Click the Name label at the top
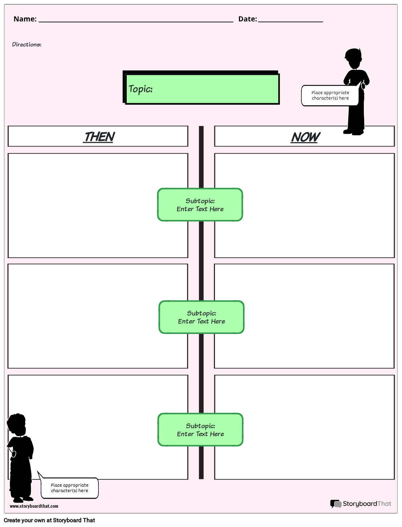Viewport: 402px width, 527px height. click(25, 19)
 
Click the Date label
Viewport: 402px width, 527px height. click(247, 19)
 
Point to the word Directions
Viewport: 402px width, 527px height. click(27, 44)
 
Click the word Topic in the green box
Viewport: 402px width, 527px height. click(140, 89)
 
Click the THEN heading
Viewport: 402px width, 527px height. click(99, 137)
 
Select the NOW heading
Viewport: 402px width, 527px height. click(305, 137)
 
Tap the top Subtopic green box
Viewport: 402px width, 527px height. click(200, 205)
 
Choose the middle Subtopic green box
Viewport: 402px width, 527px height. click(202, 317)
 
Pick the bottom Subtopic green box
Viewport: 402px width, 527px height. click(200, 430)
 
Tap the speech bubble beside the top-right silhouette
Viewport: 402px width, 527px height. click(330, 96)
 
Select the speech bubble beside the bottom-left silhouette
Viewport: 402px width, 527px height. click(69, 488)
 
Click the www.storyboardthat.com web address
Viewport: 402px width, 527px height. click(34, 506)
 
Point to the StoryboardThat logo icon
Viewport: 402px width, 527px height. click(336, 504)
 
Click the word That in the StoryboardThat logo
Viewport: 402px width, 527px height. click(384, 504)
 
